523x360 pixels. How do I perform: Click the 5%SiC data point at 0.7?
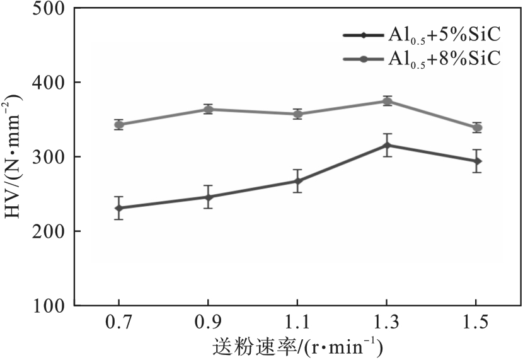(118, 208)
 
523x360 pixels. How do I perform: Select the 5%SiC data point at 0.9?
(208, 197)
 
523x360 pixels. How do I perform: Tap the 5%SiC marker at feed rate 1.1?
(297, 182)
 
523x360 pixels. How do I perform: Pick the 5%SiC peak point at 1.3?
(388, 146)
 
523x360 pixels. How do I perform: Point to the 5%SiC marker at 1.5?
(477, 161)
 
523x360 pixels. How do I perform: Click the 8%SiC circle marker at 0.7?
(118, 125)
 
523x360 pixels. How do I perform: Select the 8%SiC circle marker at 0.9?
(208, 109)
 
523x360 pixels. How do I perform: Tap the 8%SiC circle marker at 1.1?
(297, 114)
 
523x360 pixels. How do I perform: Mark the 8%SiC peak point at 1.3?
(388, 101)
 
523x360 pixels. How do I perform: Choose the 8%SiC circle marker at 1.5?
(477, 128)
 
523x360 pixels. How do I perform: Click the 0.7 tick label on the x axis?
(118, 323)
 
